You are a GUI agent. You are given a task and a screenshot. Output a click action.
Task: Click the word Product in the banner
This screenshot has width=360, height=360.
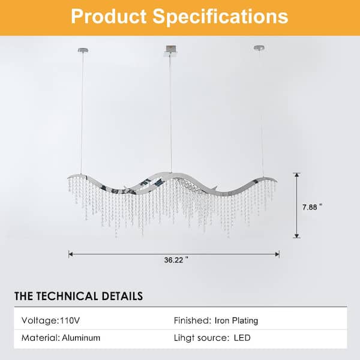pyautogui.click(x=109, y=17)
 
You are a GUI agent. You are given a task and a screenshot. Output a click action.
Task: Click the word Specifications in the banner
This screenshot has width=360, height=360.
pyautogui.click(x=220, y=17)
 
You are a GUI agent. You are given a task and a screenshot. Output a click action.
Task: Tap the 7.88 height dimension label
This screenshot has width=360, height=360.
pyautogui.click(x=312, y=207)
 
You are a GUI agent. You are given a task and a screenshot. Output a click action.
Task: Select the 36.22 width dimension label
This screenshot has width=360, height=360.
pyautogui.click(x=176, y=260)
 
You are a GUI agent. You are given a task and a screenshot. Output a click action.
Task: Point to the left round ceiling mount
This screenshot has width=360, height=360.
pyautogui.click(x=83, y=50)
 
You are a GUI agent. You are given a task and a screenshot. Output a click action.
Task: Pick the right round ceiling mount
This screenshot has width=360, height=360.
pyautogui.click(x=259, y=48)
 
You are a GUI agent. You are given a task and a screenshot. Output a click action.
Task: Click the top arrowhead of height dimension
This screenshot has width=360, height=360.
pyautogui.click(x=297, y=175)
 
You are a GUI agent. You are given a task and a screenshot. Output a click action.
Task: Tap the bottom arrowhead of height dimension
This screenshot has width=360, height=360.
pyautogui.click(x=296, y=236)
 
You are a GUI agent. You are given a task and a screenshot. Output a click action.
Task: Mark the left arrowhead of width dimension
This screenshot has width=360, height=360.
pyautogui.click(x=71, y=254)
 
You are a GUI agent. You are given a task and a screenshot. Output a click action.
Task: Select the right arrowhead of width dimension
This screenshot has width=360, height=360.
pyautogui.click(x=277, y=254)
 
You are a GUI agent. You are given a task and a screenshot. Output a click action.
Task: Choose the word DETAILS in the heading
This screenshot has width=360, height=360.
pyautogui.click(x=122, y=296)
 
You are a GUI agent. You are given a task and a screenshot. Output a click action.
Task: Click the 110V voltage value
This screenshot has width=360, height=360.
pyautogui.click(x=70, y=320)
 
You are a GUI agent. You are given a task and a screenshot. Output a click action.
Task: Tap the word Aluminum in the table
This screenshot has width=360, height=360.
pyautogui.click(x=81, y=338)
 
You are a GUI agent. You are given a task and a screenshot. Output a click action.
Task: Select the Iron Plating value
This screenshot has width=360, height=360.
pyautogui.click(x=236, y=321)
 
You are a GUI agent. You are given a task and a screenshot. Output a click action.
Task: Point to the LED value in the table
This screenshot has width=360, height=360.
pyautogui.click(x=242, y=338)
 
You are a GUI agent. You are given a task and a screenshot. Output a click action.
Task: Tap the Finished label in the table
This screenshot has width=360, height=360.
pyautogui.click(x=193, y=320)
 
